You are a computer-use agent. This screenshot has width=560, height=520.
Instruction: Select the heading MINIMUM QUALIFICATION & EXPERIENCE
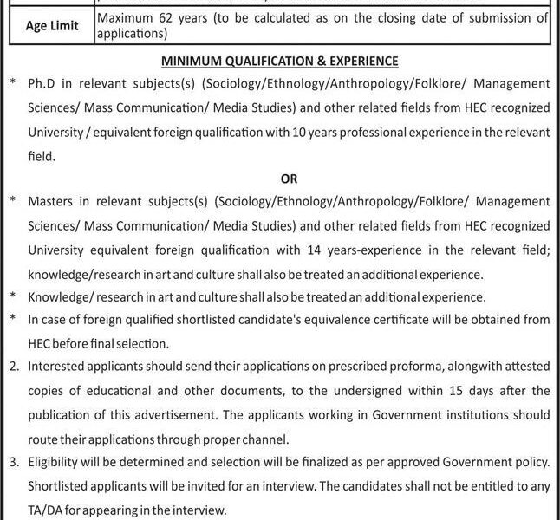tap(279, 62)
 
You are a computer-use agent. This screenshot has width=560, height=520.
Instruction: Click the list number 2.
tap(13, 367)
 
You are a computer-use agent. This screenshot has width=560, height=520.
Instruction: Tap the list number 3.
tap(13, 463)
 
